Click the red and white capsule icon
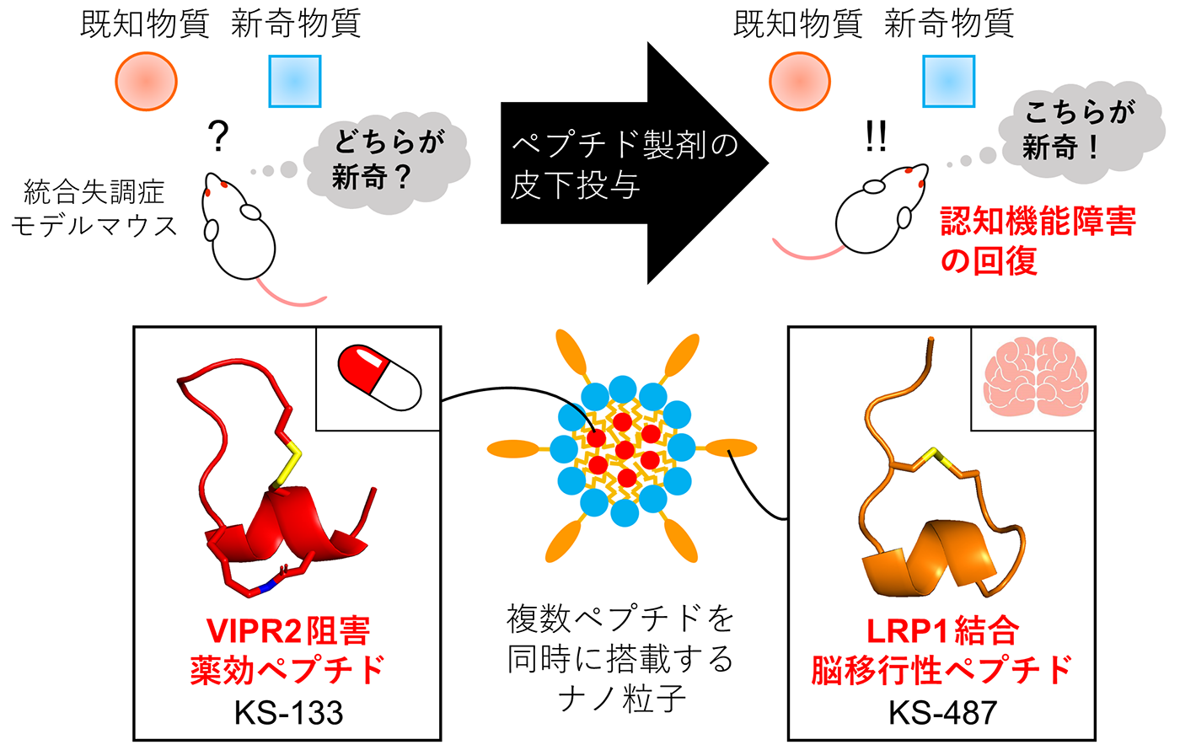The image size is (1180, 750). tap(379, 378)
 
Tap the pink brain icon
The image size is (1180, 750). tap(1036, 376)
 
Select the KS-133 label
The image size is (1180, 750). tap(288, 713)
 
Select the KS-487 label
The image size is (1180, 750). tap(943, 713)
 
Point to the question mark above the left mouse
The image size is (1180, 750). tap(218, 136)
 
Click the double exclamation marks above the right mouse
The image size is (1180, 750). tap(876, 136)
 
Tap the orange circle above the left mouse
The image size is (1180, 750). tap(147, 81)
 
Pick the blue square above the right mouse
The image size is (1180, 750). tap(949, 81)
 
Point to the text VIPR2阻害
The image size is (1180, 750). tap(287, 631)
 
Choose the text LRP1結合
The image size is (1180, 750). tap(943, 631)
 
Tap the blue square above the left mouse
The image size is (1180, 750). tap(295, 81)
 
